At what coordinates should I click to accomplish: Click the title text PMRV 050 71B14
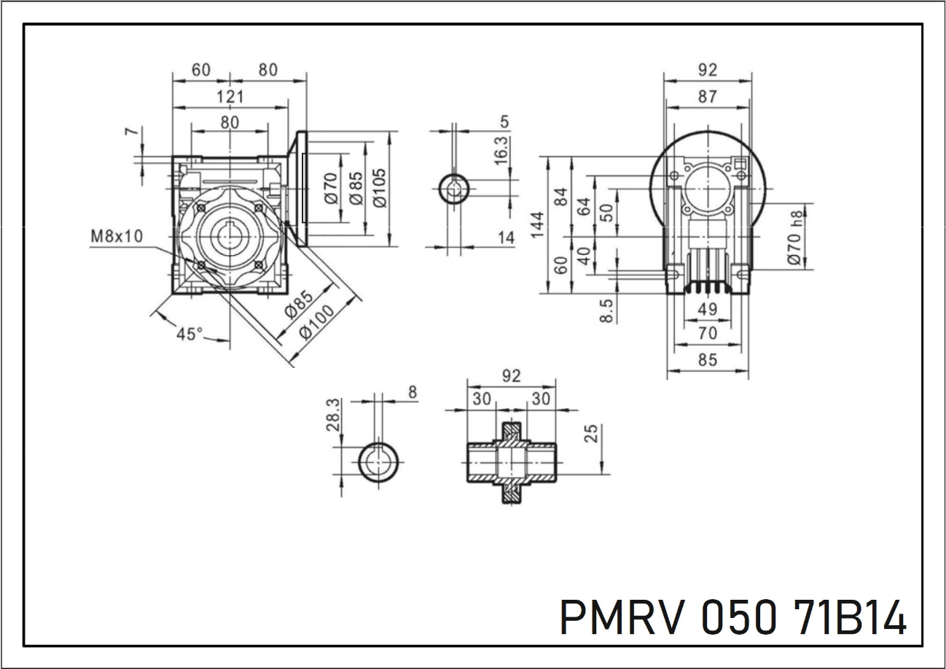click(733, 617)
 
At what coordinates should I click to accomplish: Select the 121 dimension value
click(230, 96)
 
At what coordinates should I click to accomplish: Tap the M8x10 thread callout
click(117, 236)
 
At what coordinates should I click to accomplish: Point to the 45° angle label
click(190, 334)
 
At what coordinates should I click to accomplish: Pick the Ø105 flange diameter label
click(380, 188)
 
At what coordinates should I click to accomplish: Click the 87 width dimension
click(707, 96)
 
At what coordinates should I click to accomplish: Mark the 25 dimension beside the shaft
click(591, 434)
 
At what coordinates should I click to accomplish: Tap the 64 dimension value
click(584, 206)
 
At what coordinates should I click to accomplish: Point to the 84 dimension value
click(560, 197)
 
